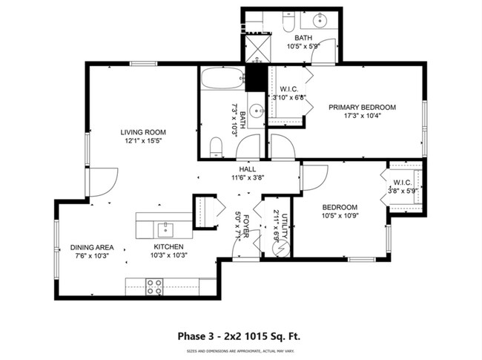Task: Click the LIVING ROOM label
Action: (141, 133)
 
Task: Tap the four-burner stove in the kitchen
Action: (154, 287)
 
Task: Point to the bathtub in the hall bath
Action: (222, 78)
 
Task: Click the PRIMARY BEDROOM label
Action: (362, 107)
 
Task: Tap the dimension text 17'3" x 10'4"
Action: (362, 116)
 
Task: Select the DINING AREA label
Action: (92, 247)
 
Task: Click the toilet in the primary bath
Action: (287, 24)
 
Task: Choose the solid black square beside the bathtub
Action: (256, 76)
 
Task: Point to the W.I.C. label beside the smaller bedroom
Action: (403, 182)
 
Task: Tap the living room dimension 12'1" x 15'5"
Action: (141, 141)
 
